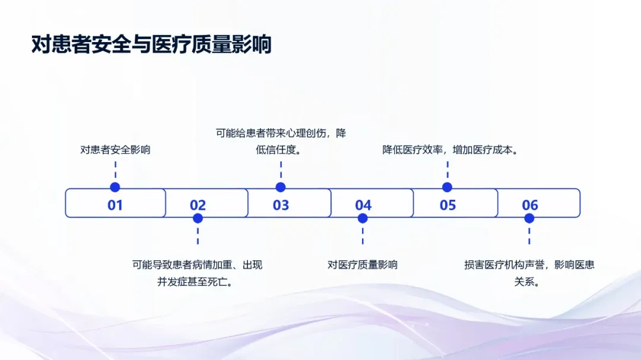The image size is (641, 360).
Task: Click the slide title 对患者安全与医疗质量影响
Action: (x=151, y=45)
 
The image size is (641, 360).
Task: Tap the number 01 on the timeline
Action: (x=115, y=205)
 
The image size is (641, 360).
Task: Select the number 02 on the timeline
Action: (x=198, y=205)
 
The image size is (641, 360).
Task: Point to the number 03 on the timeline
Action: (x=281, y=205)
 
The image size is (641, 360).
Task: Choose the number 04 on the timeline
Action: (x=363, y=205)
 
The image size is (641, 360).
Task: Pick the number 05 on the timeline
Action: (x=448, y=205)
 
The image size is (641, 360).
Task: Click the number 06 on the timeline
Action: (x=530, y=205)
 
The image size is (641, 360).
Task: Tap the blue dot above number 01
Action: (x=115, y=187)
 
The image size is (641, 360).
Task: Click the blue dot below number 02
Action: (x=198, y=218)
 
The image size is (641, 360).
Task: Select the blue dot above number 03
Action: (x=281, y=187)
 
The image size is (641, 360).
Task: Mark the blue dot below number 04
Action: (x=363, y=218)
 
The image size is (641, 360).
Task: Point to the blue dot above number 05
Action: (x=448, y=187)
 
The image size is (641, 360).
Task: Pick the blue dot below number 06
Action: (x=529, y=218)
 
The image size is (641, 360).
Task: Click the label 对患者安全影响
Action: (x=115, y=149)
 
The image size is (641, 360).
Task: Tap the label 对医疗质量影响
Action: (x=363, y=265)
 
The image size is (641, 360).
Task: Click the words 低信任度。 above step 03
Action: (x=281, y=150)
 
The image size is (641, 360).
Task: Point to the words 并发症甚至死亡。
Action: (x=198, y=282)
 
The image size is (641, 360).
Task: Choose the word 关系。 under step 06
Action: (x=528, y=282)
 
